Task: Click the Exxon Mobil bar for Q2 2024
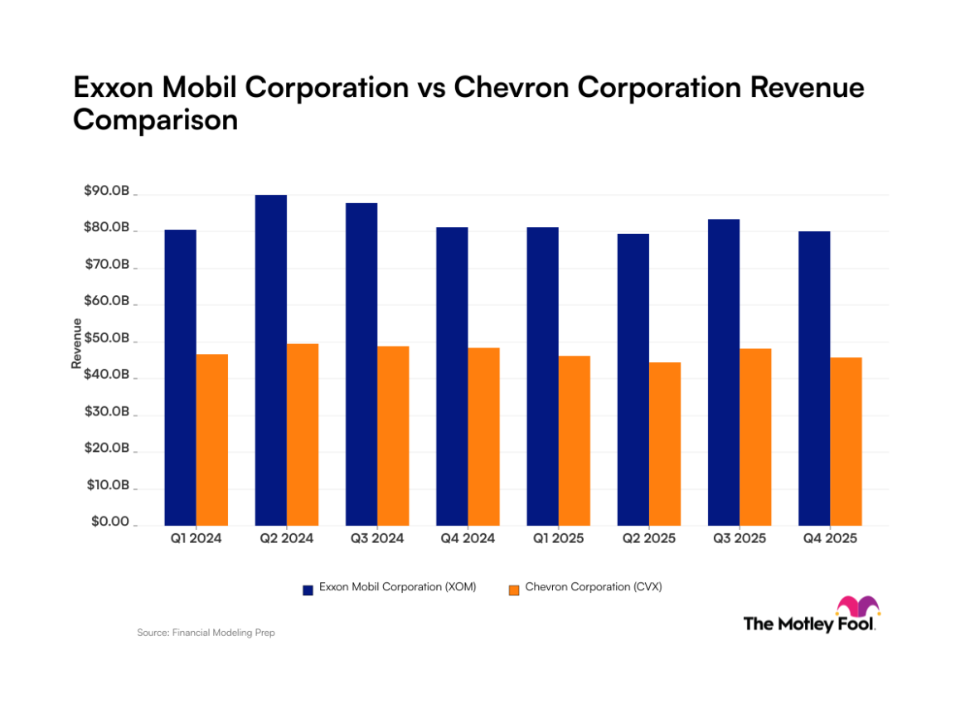click(271, 360)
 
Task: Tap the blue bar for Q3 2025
click(724, 372)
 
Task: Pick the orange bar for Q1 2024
click(212, 439)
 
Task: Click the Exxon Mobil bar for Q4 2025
click(814, 378)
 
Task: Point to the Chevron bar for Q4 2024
click(483, 436)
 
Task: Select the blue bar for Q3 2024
click(361, 364)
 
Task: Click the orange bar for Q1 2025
click(574, 440)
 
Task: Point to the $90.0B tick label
click(106, 192)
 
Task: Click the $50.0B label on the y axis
click(106, 339)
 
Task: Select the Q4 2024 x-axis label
click(467, 539)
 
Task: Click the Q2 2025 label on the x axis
click(648, 539)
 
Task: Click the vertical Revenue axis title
click(76, 343)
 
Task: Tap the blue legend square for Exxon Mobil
click(308, 589)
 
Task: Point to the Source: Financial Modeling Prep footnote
click(206, 633)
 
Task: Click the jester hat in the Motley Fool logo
click(857, 606)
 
